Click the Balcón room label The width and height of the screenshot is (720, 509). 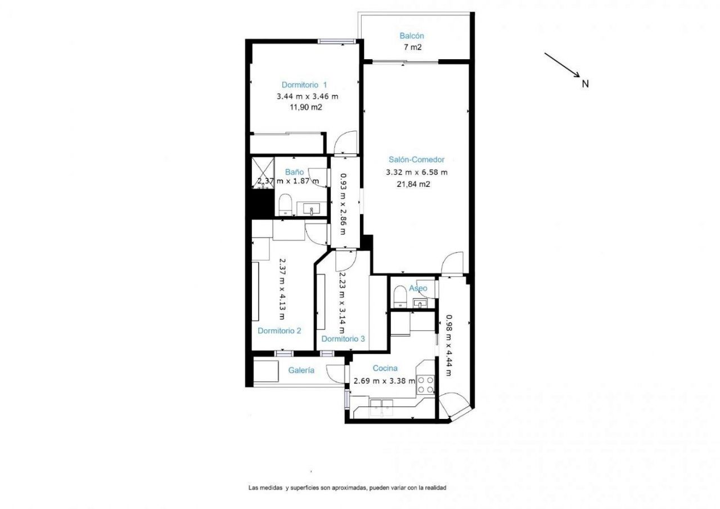click(412, 36)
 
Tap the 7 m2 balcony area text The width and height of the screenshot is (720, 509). click(412, 47)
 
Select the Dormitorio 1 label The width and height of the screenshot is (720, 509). click(304, 85)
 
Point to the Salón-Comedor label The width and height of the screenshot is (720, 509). click(416, 159)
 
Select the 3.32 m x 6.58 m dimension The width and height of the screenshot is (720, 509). click(416, 172)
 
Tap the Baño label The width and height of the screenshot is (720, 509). click(294, 172)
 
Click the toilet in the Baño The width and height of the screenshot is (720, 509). click(285, 204)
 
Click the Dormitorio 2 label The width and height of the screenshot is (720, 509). click(279, 331)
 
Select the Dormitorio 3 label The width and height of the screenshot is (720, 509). click(343, 339)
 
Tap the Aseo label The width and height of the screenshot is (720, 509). click(418, 288)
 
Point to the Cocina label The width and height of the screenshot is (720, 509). click(386, 369)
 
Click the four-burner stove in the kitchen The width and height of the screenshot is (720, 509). click(426, 384)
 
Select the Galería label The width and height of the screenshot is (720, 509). click(301, 370)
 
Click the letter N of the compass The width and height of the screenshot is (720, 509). click(585, 84)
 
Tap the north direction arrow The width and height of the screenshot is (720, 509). click(562, 65)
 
